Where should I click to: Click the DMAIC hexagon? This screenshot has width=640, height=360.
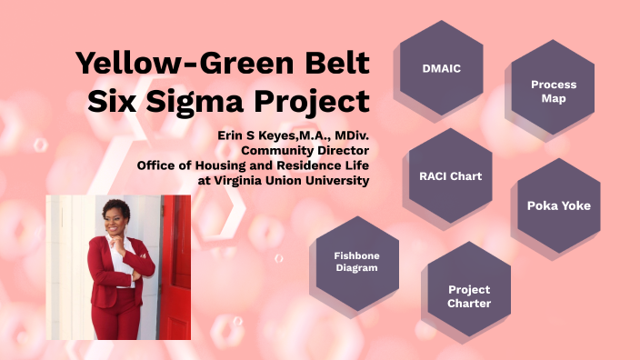click(441, 68)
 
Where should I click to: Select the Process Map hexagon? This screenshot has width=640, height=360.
click(554, 91)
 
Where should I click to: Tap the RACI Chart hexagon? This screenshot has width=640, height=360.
click(451, 175)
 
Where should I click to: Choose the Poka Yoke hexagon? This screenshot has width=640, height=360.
click(558, 205)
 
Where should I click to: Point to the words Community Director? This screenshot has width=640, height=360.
click(305, 150)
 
